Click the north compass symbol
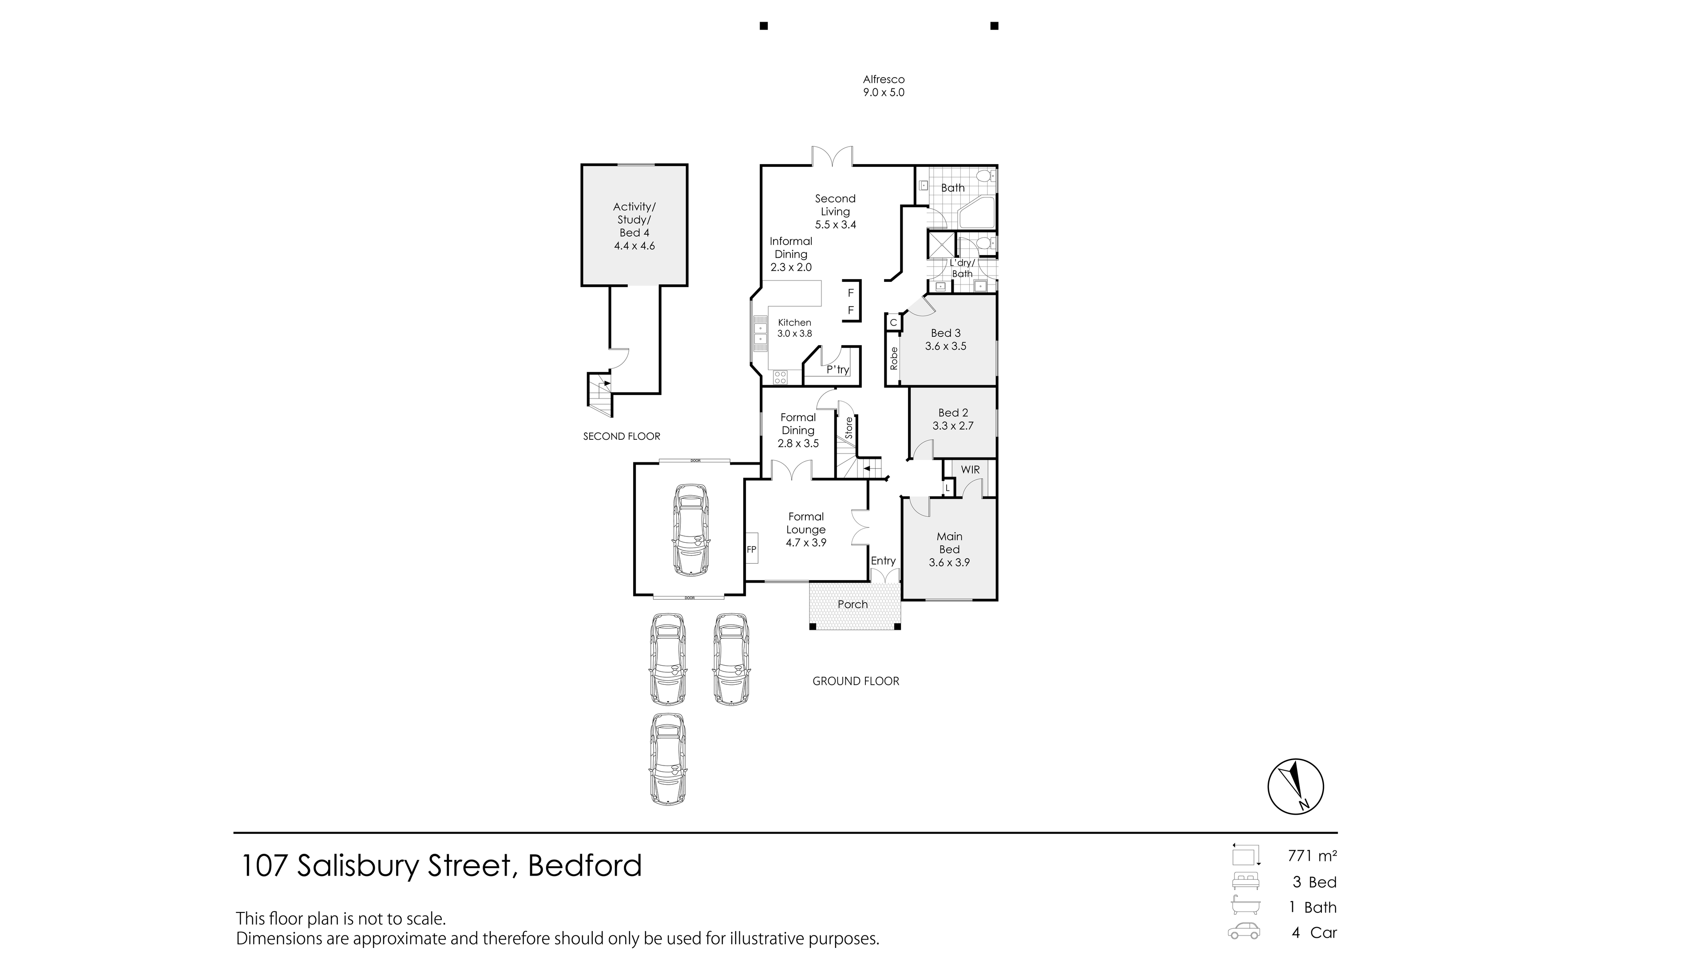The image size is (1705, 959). pyautogui.click(x=1295, y=786)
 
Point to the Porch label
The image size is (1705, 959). pyautogui.click(x=852, y=604)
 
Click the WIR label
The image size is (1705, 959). pyautogui.click(x=970, y=470)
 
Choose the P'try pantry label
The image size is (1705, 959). pyautogui.click(x=838, y=370)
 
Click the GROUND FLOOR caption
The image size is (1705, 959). pyautogui.click(x=856, y=681)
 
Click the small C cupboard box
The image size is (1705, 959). pyautogui.click(x=893, y=323)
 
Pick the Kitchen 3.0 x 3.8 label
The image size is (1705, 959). pyautogui.click(x=794, y=328)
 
